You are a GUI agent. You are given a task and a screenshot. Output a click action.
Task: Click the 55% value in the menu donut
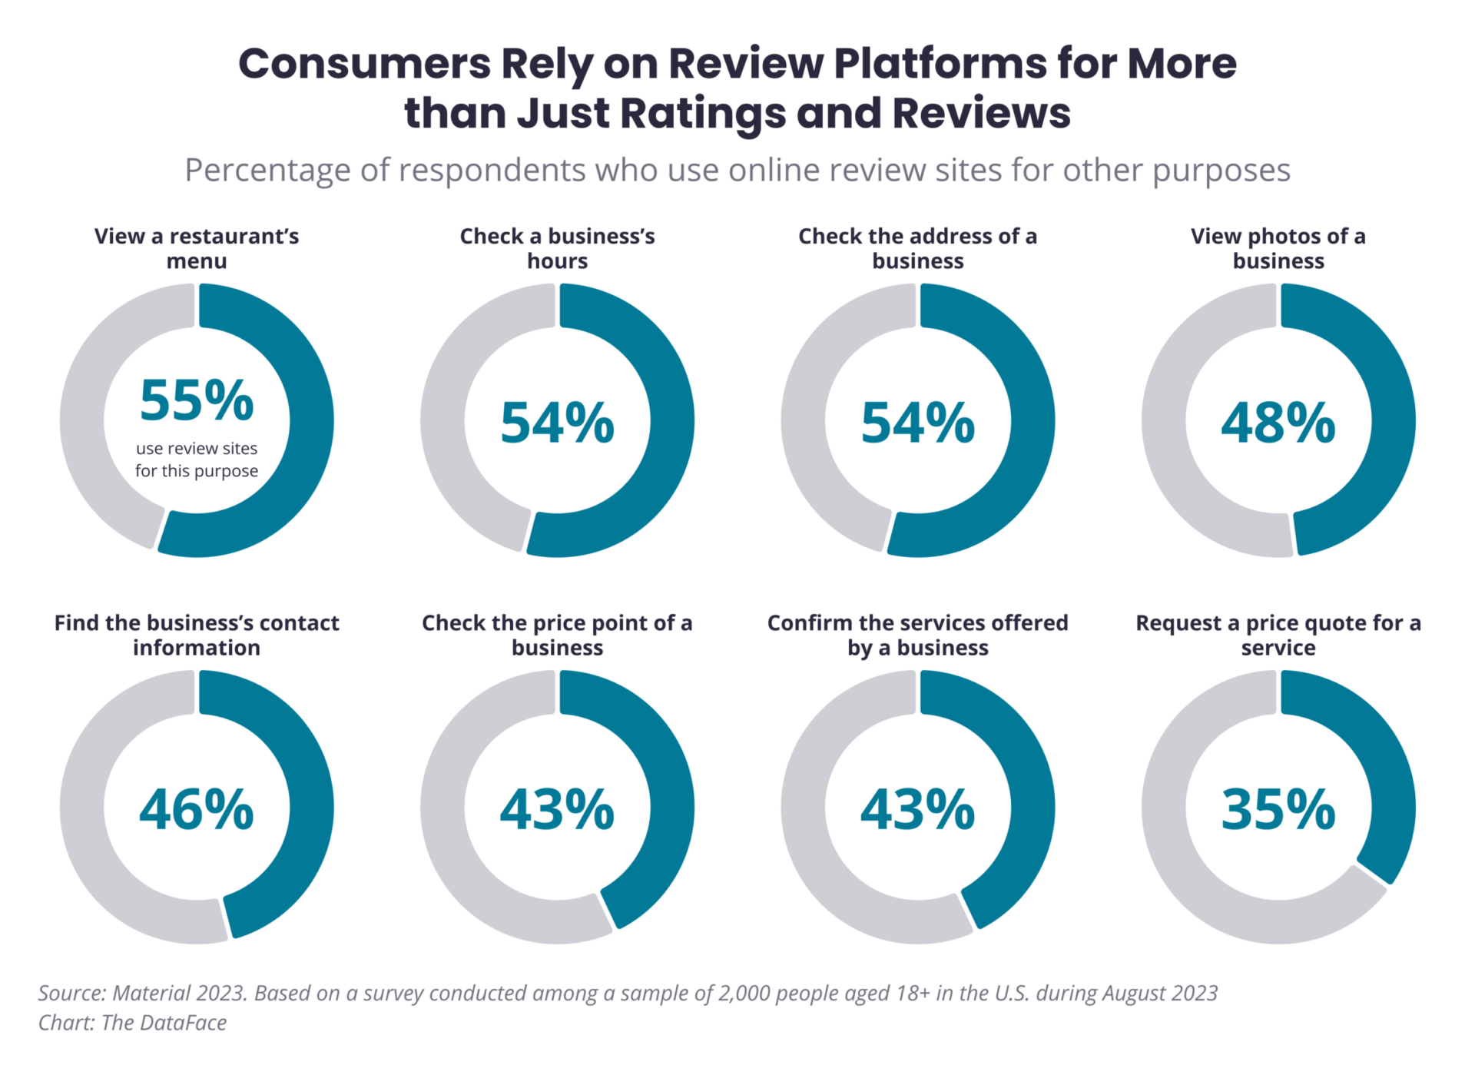[197, 401]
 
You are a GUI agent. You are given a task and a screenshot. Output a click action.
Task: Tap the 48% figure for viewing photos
[1278, 423]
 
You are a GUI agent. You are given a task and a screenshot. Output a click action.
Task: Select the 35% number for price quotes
[1278, 810]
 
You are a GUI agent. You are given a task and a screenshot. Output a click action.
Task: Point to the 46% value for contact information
[197, 810]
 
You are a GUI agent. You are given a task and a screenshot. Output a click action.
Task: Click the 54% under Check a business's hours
[557, 423]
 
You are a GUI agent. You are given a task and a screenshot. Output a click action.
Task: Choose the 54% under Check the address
[917, 423]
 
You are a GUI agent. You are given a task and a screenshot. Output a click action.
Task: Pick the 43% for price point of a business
[557, 810]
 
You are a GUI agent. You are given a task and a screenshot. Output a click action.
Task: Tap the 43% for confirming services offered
[917, 810]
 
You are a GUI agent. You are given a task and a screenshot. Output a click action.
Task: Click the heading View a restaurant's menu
[197, 248]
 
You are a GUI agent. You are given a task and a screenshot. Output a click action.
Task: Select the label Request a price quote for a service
[1278, 635]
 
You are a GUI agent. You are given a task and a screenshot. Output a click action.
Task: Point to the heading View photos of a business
[1278, 248]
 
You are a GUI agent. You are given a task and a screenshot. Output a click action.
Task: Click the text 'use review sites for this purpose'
[197, 460]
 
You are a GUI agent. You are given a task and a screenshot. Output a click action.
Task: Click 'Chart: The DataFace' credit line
[132, 1023]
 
